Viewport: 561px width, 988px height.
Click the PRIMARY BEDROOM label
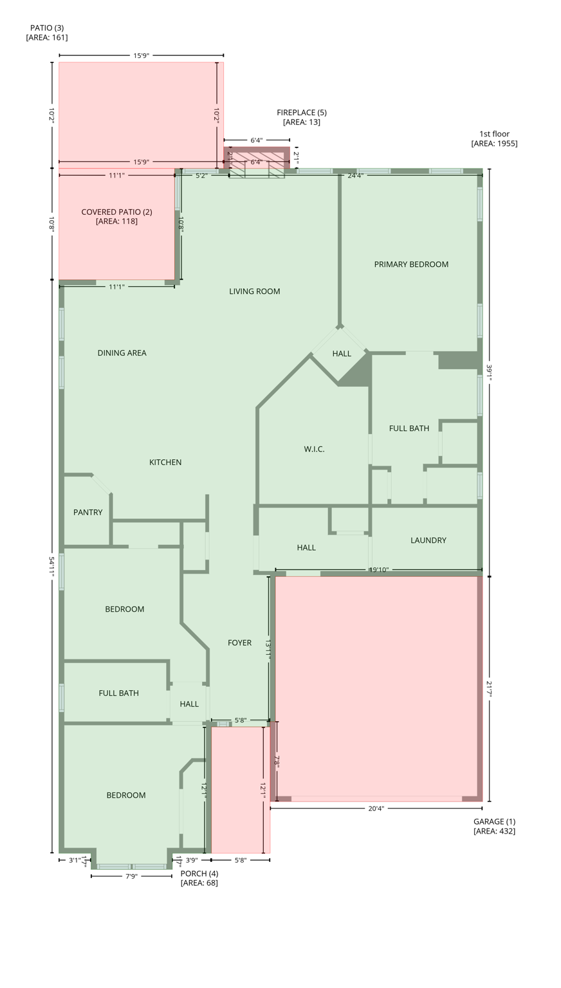(411, 264)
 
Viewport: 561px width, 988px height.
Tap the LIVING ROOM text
(255, 291)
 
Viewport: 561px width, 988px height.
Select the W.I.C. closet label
(314, 449)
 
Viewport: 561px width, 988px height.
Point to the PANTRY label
(87, 513)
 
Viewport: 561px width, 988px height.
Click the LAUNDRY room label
(428, 540)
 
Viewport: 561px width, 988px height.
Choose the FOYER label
(239, 643)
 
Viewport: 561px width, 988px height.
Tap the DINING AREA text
(122, 353)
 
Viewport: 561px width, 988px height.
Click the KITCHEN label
(165, 462)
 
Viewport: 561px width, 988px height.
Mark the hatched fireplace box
(257, 164)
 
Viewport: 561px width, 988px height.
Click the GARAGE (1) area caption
(494, 826)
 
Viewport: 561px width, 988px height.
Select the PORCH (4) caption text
(199, 878)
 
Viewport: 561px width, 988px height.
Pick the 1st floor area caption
(494, 139)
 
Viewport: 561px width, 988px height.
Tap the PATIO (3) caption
(47, 33)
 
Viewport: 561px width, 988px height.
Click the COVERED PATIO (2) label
(116, 216)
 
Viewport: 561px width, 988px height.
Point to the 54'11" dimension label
(51, 566)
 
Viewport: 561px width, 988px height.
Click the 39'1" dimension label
(489, 373)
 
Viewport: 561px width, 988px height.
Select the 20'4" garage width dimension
(376, 809)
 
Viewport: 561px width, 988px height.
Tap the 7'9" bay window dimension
(131, 876)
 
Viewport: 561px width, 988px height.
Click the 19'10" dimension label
(378, 570)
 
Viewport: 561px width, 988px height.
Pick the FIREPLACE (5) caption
(301, 117)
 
